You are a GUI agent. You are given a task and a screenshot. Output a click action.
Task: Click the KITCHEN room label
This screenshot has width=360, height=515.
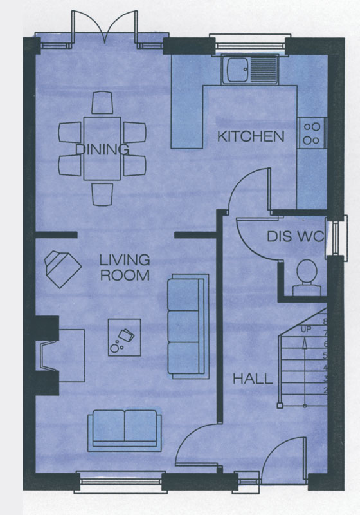(x=251, y=136)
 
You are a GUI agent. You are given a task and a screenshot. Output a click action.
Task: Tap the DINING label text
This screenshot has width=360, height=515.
(x=102, y=149)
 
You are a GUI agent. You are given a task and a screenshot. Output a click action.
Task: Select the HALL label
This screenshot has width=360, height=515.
(x=253, y=379)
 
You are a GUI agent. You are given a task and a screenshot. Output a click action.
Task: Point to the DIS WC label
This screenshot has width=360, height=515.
(x=296, y=236)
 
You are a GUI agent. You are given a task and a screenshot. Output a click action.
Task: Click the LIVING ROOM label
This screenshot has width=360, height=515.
(x=125, y=267)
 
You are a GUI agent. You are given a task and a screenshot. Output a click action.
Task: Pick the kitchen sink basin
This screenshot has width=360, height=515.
(x=235, y=70)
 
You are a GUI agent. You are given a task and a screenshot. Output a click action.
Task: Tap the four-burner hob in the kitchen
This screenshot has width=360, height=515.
(x=312, y=133)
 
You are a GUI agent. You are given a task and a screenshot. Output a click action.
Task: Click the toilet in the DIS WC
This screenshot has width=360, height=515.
(x=307, y=277)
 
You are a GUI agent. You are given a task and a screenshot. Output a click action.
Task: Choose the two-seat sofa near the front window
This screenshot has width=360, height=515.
(x=124, y=430)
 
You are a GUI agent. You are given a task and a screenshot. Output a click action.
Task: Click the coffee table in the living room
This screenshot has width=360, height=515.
(x=125, y=337)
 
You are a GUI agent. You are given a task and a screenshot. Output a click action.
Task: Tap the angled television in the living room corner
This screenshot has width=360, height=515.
(x=62, y=269)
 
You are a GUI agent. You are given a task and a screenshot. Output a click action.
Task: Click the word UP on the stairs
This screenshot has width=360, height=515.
(x=305, y=329)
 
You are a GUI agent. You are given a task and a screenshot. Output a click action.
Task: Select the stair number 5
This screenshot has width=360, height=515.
(x=325, y=355)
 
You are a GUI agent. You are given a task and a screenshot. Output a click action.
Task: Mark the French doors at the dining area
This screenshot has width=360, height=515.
(x=104, y=27)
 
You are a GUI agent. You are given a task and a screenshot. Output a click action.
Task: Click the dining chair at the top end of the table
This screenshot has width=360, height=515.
(x=102, y=102)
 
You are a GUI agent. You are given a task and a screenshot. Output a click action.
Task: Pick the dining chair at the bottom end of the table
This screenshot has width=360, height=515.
(x=102, y=194)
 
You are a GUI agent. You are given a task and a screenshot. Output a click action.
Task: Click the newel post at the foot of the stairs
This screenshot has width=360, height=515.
(x=280, y=406)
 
